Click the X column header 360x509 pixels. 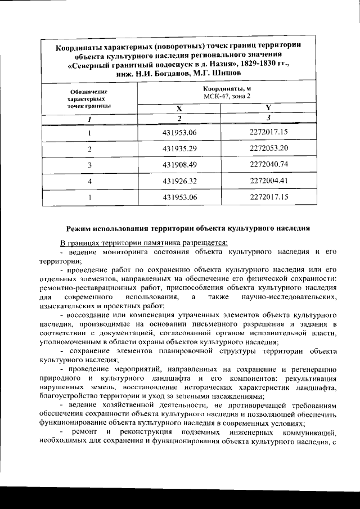[179, 108]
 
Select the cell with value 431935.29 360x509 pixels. [179, 149]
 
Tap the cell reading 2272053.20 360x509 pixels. [268, 148]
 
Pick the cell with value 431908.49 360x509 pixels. [179, 165]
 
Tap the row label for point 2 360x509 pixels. [89, 150]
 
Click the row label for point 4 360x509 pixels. [89, 182]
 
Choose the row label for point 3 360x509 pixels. [89, 166]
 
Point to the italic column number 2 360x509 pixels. [179, 118]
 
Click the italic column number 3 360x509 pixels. [268, 118]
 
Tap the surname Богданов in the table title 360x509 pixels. [166, 73]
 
